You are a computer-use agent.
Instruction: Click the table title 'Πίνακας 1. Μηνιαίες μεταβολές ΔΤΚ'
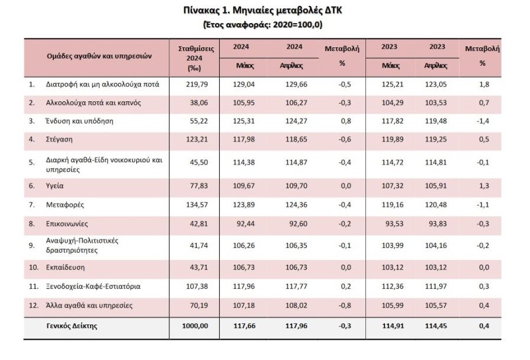[x=263, y=11]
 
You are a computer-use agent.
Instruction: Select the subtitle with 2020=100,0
[x=263, y=25]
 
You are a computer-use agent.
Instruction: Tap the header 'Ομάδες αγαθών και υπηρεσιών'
[x=99, y=56]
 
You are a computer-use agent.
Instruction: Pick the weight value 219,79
[x=197, y=84]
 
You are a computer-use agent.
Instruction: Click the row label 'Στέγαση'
[x=59, y=139]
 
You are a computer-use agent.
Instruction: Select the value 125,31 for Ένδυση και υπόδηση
[x=244, y=121]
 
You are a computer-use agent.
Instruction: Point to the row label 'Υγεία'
[x=54, y=186]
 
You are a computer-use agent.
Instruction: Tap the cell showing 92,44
[x=246, y=224]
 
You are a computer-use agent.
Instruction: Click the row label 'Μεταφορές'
[x=65, y=205]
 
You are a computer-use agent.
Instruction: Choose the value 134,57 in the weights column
[x=197, y=205]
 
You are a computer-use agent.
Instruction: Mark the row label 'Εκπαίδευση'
[x=65, y=268]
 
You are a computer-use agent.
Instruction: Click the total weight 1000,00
[x=195, y=326]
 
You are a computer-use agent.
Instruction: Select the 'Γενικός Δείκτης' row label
[x=72, y=326]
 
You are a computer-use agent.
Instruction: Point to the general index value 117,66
[x=245, y=326]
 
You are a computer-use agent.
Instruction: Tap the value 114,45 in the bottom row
[x=436, y=326]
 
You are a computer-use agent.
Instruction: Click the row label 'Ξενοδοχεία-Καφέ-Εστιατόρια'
[x=94, y=287]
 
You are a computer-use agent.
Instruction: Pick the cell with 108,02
[x=297, y=306]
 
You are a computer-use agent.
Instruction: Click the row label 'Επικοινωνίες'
[x=67, y=224]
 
